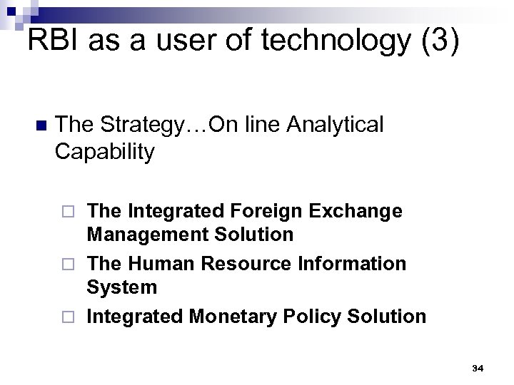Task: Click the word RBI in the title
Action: point(54,41)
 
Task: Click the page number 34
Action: point(478,368)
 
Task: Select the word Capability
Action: point(104,151)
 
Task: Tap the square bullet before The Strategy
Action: point(39,126)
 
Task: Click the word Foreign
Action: point(266,211)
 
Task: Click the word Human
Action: point(162,263)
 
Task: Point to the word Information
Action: point(350,263)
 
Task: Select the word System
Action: point(121,287)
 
